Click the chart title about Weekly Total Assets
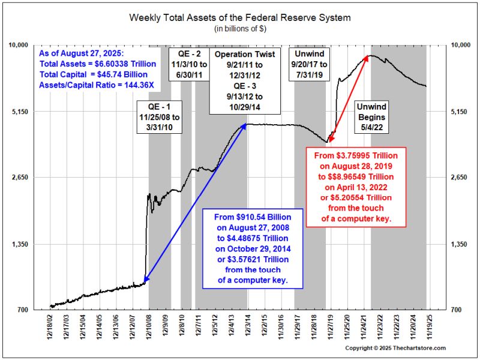click(x=240, y=17)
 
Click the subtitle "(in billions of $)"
click(x=240, y=28)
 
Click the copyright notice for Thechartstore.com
click(x=395, y=349)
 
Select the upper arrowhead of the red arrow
click(x=367, y=57)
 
